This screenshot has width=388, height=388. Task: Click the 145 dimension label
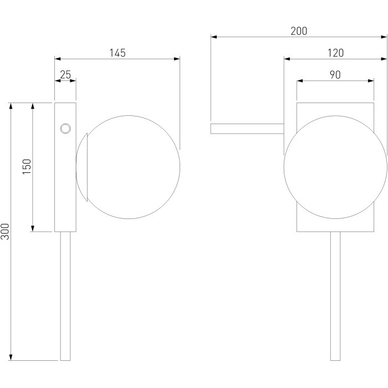click(x=118, y=53)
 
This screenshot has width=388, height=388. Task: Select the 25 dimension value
click(x=65, y=74)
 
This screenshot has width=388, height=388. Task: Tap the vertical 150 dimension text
click(x=27, y=167)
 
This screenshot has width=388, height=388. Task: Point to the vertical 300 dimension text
click(x=5, y=232)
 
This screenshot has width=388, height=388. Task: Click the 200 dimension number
click(x=299, y=31)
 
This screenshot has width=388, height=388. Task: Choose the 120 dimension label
click(x=335, y=53)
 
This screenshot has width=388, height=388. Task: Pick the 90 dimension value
click(x=335, y=75)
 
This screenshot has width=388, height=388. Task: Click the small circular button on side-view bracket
click(x=65, y=129)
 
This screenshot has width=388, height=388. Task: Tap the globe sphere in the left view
click(x=128, y=167)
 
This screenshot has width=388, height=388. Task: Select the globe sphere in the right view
click(x=335, y=167)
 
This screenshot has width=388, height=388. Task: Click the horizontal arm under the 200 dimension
click(x=247, y=129)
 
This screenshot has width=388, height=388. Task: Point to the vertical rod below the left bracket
click(x=65, y=296)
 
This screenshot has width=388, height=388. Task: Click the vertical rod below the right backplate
click(x=335, y=296)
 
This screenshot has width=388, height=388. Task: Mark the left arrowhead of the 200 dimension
click(x=214, y=37)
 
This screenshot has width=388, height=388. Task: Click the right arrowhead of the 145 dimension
click(x=177, y=59)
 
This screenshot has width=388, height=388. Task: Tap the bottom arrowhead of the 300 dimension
click(x=11, y=358)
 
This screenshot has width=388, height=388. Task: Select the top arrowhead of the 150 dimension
click(x=33, y=106)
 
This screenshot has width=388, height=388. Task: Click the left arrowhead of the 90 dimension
click(x=300, y=81)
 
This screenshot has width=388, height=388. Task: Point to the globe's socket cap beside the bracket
click(x=82, y=167)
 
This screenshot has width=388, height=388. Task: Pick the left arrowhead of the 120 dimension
click(x=287, y=59)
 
